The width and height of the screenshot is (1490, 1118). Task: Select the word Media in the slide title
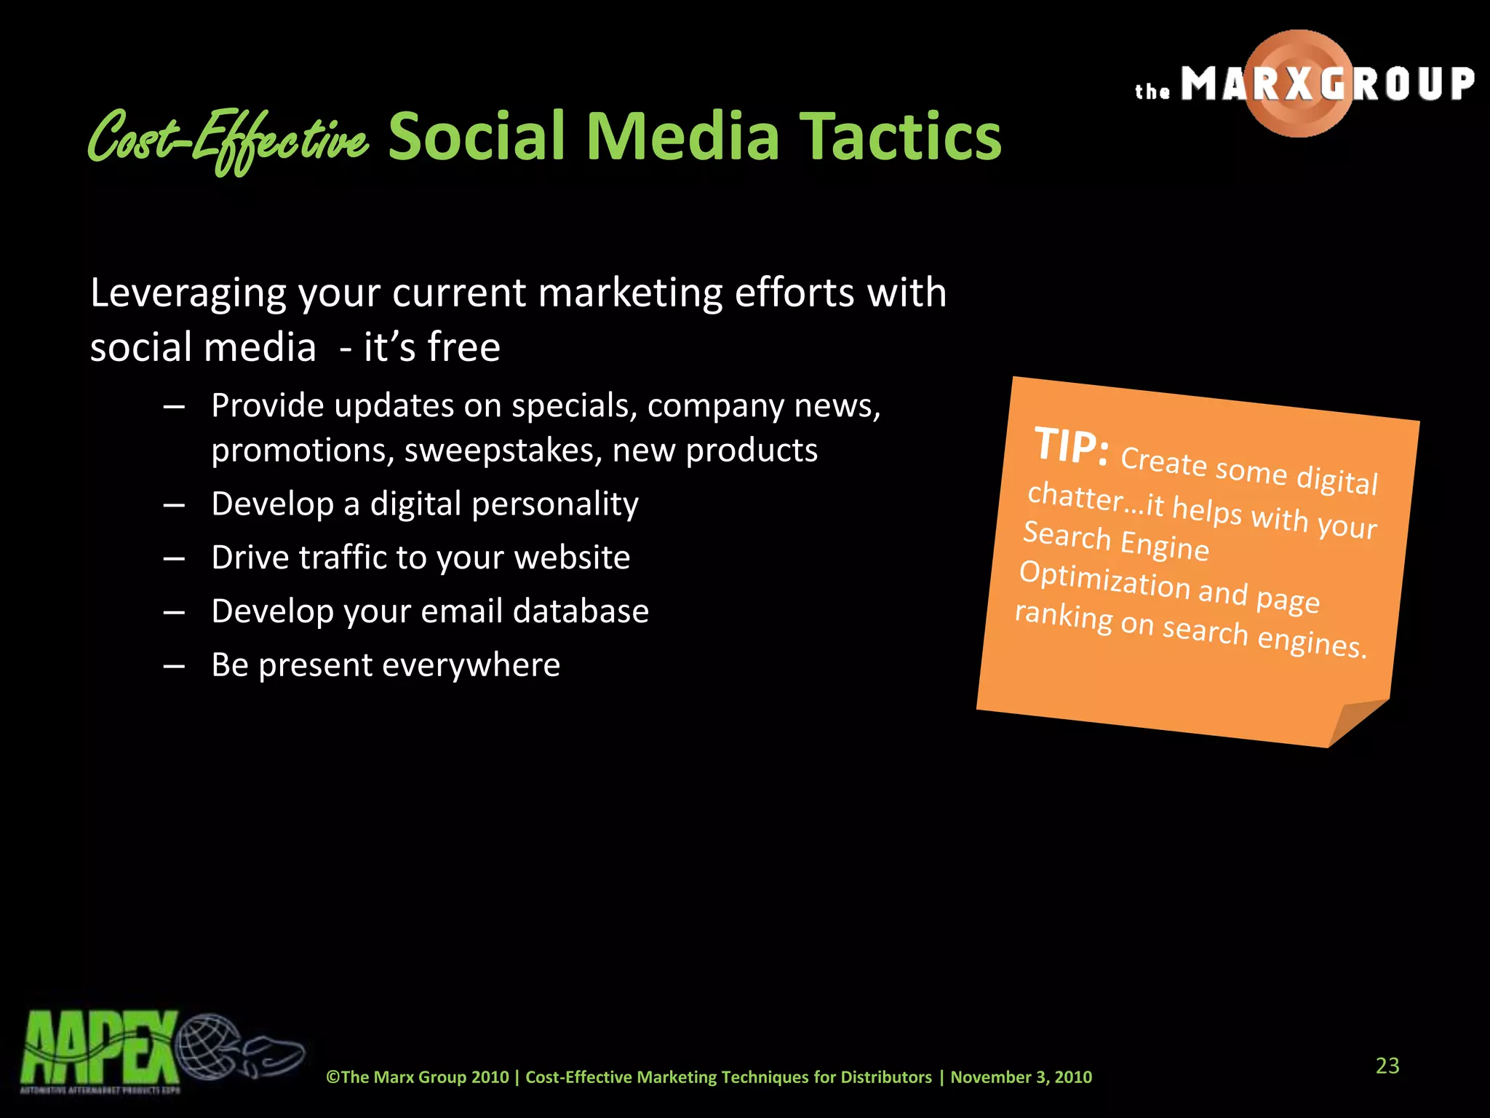(682, 137)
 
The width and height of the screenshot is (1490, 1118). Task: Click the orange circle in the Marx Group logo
(1299, 84)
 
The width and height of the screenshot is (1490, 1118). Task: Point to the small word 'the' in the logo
(1152, 92)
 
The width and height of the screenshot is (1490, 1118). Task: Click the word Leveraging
(188, 294)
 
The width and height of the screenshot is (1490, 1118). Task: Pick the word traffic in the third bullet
(343, 558)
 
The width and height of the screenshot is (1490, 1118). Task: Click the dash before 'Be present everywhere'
(174, 665)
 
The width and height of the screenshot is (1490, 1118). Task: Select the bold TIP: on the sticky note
(1071, 445)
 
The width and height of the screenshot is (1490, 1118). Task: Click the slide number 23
(1387, 1066)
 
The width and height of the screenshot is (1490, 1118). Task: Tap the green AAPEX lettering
(98, 1048)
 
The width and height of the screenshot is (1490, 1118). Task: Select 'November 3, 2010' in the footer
(1021, 1077)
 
